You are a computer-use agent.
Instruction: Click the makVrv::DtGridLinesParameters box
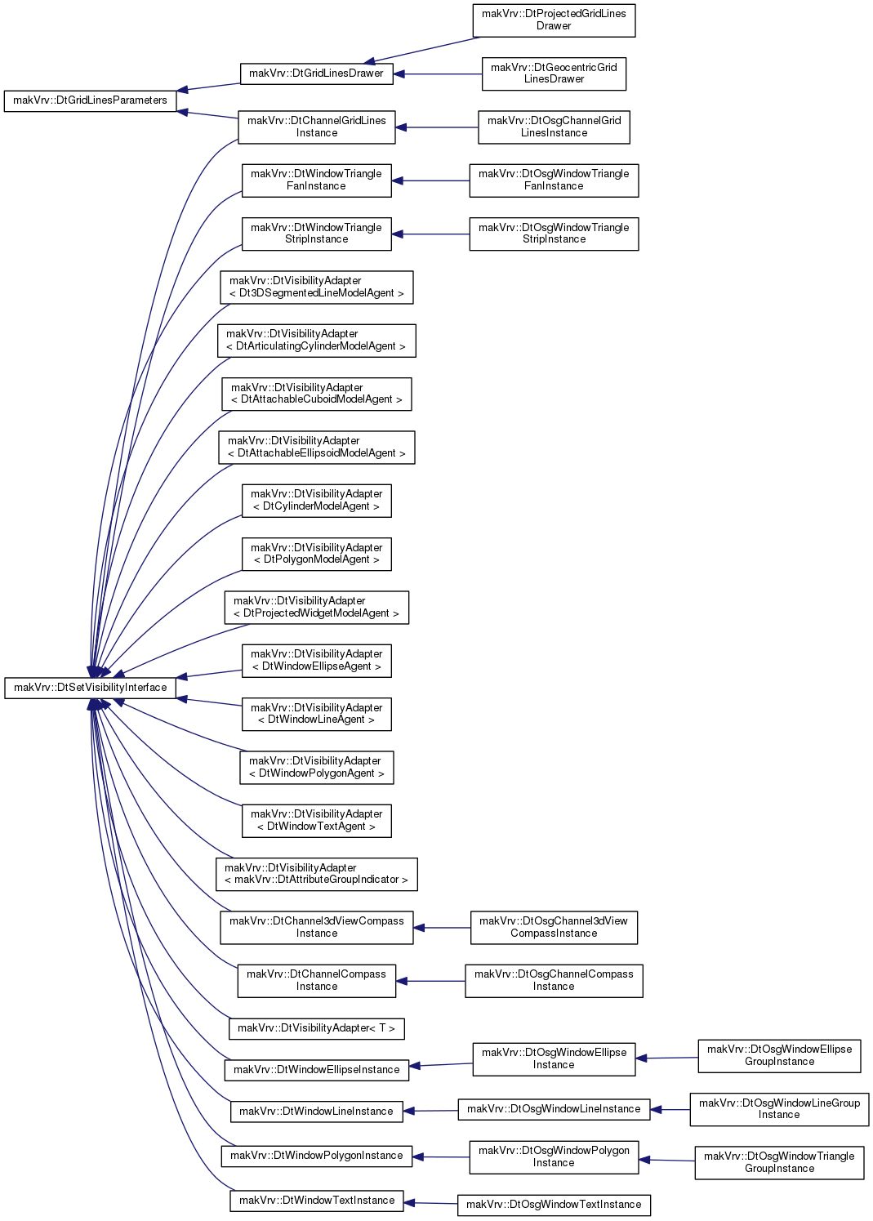[90, 100]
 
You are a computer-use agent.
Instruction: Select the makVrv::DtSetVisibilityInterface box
[90, 688]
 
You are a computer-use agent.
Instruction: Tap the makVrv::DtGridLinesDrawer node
[317, 74]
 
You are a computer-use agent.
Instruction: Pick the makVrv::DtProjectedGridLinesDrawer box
[554, 20]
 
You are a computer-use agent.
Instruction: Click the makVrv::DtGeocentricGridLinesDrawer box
[554, 74]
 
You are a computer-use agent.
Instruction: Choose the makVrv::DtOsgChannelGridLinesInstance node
[554, 127]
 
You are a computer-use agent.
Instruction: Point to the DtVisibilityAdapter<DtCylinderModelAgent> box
[317, 501]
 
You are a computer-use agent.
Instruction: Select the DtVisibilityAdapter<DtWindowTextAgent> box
[317, 821]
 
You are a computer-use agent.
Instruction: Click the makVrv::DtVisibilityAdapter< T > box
[317, 1028]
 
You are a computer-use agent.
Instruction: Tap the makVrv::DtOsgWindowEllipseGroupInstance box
[779, 1056]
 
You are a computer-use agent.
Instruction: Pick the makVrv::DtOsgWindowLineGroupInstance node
[779, 1109]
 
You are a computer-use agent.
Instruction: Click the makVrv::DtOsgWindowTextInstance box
[554, 1205]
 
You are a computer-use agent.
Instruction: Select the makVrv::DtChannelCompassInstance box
[317, 981]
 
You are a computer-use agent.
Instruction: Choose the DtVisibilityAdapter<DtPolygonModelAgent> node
[317, 555]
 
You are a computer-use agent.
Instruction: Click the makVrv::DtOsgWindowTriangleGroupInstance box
[779, 1163]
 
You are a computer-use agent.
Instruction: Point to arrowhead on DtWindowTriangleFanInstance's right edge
[397, 181]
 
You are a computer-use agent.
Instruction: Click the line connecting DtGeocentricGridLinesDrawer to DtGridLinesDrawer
[438, 74]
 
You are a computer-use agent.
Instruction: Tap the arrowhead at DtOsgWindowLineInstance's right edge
[656, 1109]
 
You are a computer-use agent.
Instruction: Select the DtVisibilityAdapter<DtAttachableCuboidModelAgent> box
[317, 394]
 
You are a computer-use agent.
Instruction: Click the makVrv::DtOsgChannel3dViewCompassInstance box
[554, 927]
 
